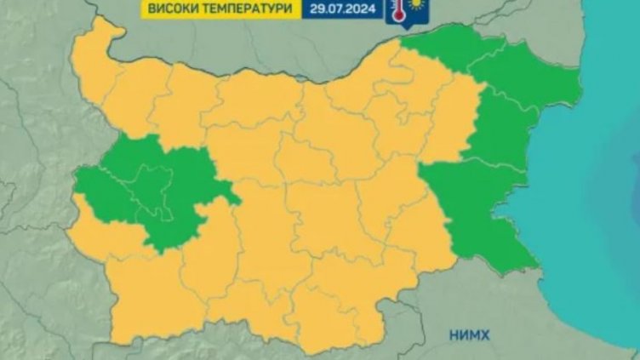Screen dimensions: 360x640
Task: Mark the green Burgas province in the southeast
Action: [x=477, y=213]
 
